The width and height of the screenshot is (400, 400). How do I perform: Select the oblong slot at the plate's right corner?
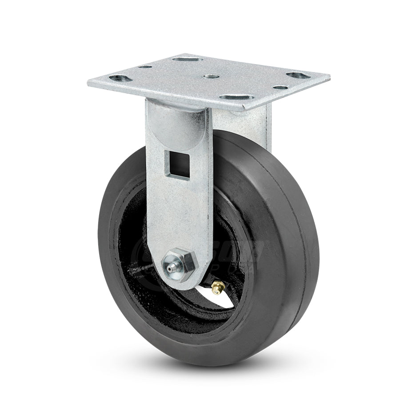click(x=295, y=76)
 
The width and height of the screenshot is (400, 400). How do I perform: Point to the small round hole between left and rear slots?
click(x=144, y=67)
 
